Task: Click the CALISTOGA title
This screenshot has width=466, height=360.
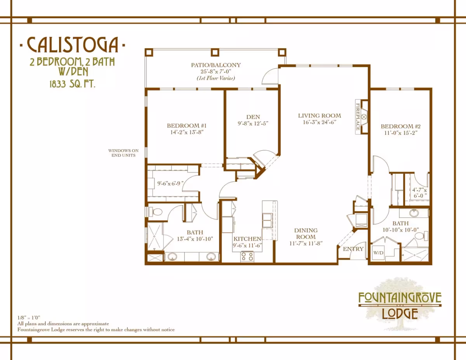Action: coord(73,45)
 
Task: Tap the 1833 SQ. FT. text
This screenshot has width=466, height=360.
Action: coord(72,84)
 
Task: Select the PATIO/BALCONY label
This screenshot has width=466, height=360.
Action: coord(216,65)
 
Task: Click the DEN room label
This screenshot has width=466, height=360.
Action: coord(253,117)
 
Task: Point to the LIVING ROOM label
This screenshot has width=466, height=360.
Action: coord(319,116)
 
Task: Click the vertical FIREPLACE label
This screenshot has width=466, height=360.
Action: coord(358,117)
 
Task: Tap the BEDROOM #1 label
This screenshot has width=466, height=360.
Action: coord(186,125)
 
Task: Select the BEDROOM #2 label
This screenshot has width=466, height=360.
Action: coord(401,126)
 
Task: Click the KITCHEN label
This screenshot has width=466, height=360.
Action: coord(247,239)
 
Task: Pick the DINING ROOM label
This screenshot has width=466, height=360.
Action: coord(306,233)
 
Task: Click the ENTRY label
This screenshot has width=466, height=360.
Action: coord(353,249)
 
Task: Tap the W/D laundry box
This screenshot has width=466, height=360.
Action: coord(378,253)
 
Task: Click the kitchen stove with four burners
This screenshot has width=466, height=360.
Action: coord(247,257)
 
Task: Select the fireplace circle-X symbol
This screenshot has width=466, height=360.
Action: coord(364,117)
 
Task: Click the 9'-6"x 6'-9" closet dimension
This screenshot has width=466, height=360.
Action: coord(170,183)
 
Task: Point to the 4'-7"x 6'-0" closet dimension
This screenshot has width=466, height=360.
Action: coord(419,193)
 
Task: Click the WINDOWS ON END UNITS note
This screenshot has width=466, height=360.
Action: coord(123,153)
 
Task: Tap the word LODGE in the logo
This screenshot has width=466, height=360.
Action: coord(400,313)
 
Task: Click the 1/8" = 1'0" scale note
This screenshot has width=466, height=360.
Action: coord(29,318)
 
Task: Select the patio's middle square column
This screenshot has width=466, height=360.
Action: coord(215,52)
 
